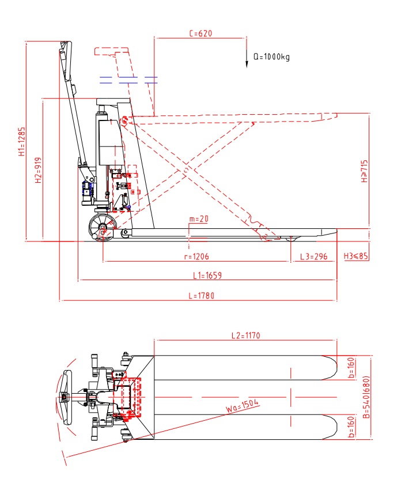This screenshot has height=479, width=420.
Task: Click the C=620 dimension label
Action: tap(200, 33)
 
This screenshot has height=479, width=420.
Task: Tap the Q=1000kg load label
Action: tap(271, 57)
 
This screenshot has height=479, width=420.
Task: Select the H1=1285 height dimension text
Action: tap(21, 141)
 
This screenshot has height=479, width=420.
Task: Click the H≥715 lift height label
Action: tap(364, 172)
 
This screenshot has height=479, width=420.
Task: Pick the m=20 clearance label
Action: tap(198, 219)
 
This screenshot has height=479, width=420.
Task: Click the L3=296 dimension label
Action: tap(313, 256)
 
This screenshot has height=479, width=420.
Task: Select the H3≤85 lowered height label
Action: tap(355, 256)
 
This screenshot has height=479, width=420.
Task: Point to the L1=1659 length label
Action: tap(207, 276)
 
